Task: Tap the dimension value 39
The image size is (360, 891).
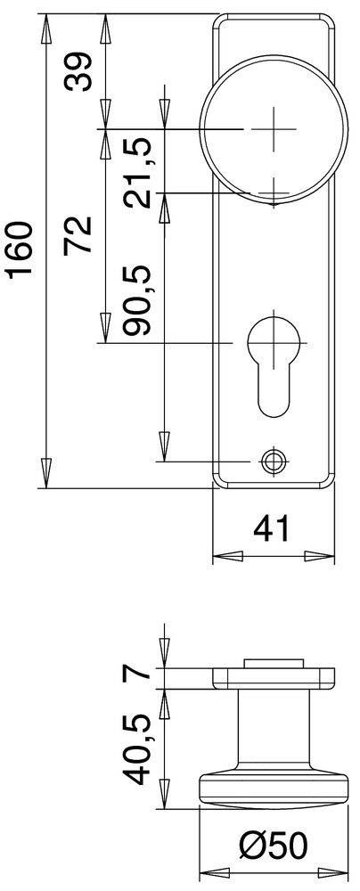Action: point(79,72)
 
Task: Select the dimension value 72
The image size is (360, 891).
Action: point(79,235)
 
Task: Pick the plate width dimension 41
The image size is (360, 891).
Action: point(273,529)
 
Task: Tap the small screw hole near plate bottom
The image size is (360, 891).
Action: point(273,461)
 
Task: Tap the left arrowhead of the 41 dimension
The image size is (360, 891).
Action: point(226,557)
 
